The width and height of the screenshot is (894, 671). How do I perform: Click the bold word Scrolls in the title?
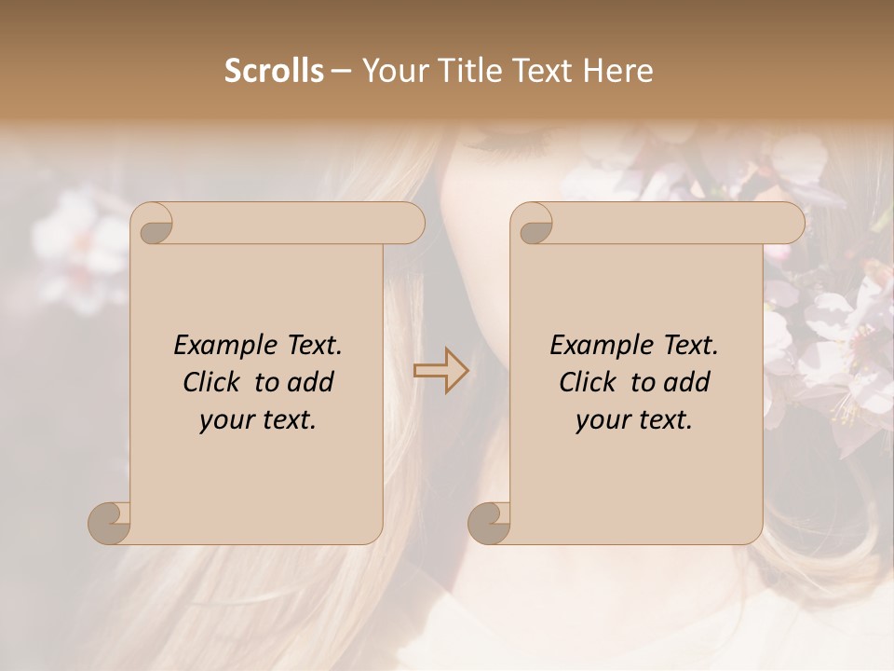tap(274, 71)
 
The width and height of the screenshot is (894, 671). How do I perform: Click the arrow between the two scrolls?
tap(441, 371)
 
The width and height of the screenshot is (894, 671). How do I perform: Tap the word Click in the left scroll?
tap(215, 382)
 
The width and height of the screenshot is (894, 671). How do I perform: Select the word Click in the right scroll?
tap(591, 382)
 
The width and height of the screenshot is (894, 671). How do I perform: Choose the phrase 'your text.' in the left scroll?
tap(258, 420)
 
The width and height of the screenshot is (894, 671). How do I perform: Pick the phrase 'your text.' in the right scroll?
tap(634, 420)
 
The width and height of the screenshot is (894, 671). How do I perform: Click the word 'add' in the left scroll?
tap(312, 382)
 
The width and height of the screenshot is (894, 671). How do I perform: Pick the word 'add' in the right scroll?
tap(688, 382)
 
